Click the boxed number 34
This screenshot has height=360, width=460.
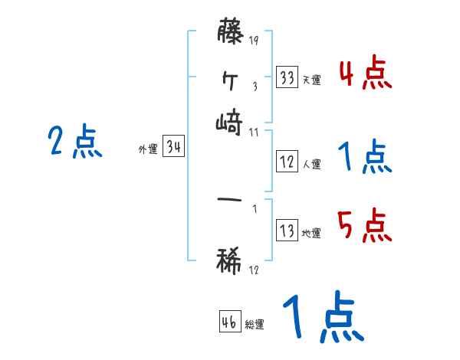pyautogui.click(x=174, y=147)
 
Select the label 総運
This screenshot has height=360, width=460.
pyautogui.click(x=254, y=325)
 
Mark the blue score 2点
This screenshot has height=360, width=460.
pyautogui.click(x=74, y=142)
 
